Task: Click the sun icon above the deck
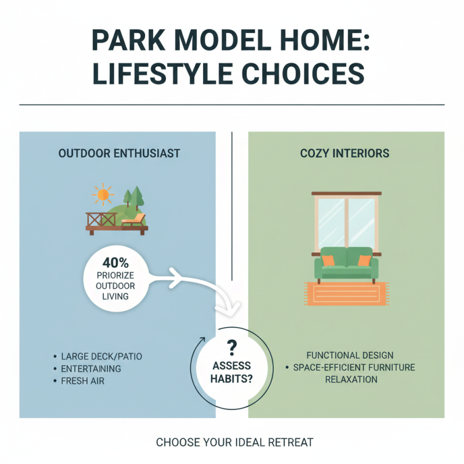click(x=103, y=194)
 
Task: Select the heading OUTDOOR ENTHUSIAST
click(x=119, y=154)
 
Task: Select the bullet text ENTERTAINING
click(x=90, y=368)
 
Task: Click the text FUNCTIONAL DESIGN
click(x=350, y=355)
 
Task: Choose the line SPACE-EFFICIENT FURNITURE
click(x=354, y=367)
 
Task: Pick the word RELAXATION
click(x=351, y=379)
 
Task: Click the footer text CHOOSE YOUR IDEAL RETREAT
click(x=235, y=443)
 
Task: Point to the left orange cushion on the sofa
click(x=328, y=261)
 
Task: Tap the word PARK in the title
click(x=125, y=43)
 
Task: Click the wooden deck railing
click(x=100, y=219)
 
